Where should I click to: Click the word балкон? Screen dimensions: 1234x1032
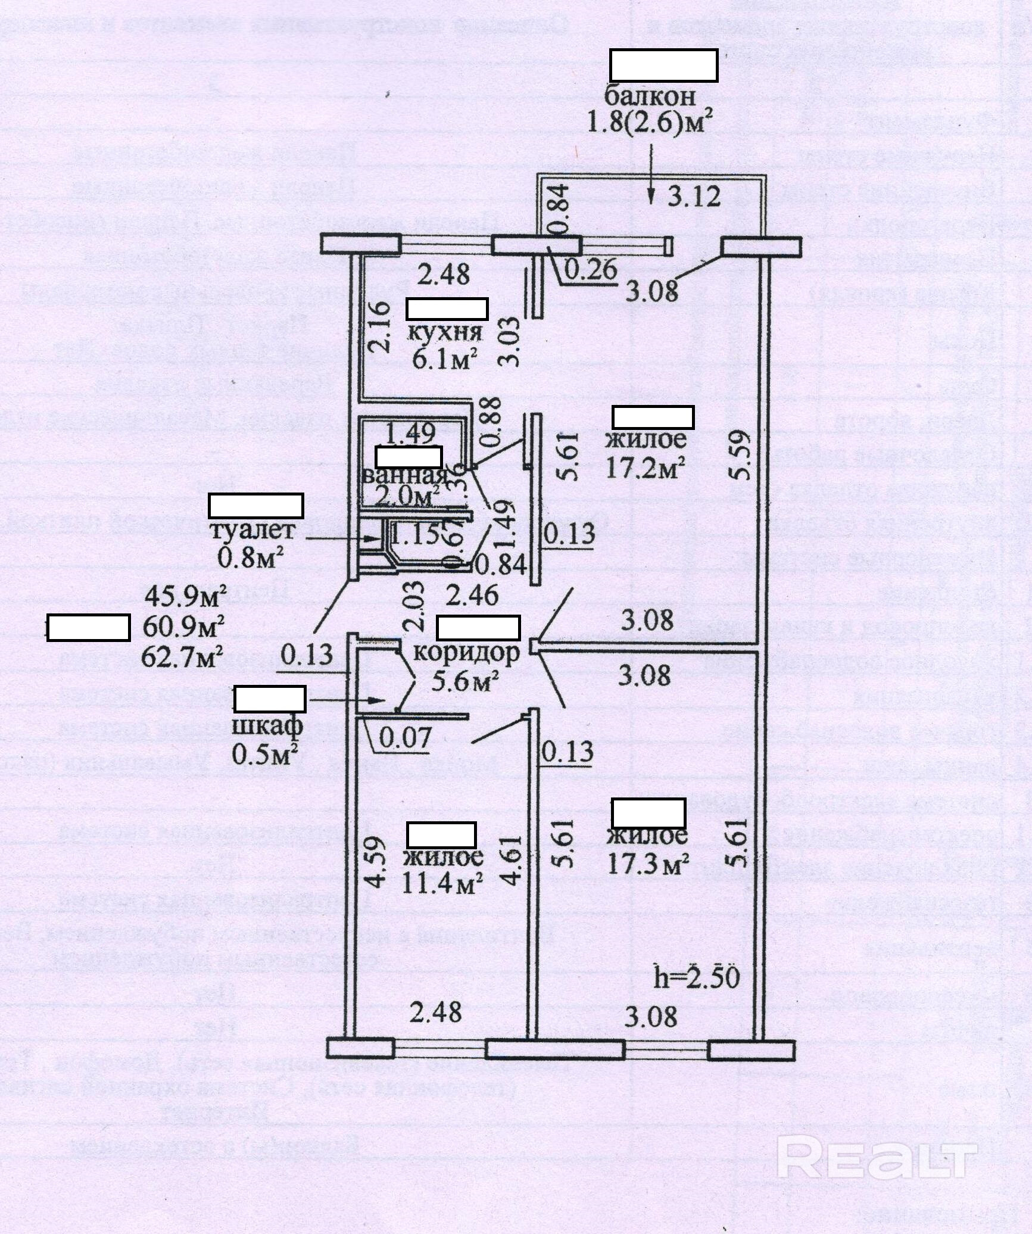[x=650, y=96]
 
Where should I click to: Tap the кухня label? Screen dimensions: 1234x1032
[x=444, y=332]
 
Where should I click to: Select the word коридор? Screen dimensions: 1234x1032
[x=466, y=653]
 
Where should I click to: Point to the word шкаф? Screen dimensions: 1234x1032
[x=267, y=725]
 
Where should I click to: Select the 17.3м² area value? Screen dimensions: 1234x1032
[x=648, y=864]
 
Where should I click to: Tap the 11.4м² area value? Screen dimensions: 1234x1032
[x=442, y=885]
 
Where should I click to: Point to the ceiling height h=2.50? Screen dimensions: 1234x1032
[x=697, y=978]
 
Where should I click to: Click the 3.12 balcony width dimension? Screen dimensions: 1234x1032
[x=694, y=196]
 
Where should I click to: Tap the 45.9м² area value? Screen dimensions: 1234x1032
[x=186, y=596]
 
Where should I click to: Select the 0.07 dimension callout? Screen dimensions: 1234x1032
[x=405, y=738]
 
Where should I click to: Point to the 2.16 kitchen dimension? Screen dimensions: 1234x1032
[x=380, y=328]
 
